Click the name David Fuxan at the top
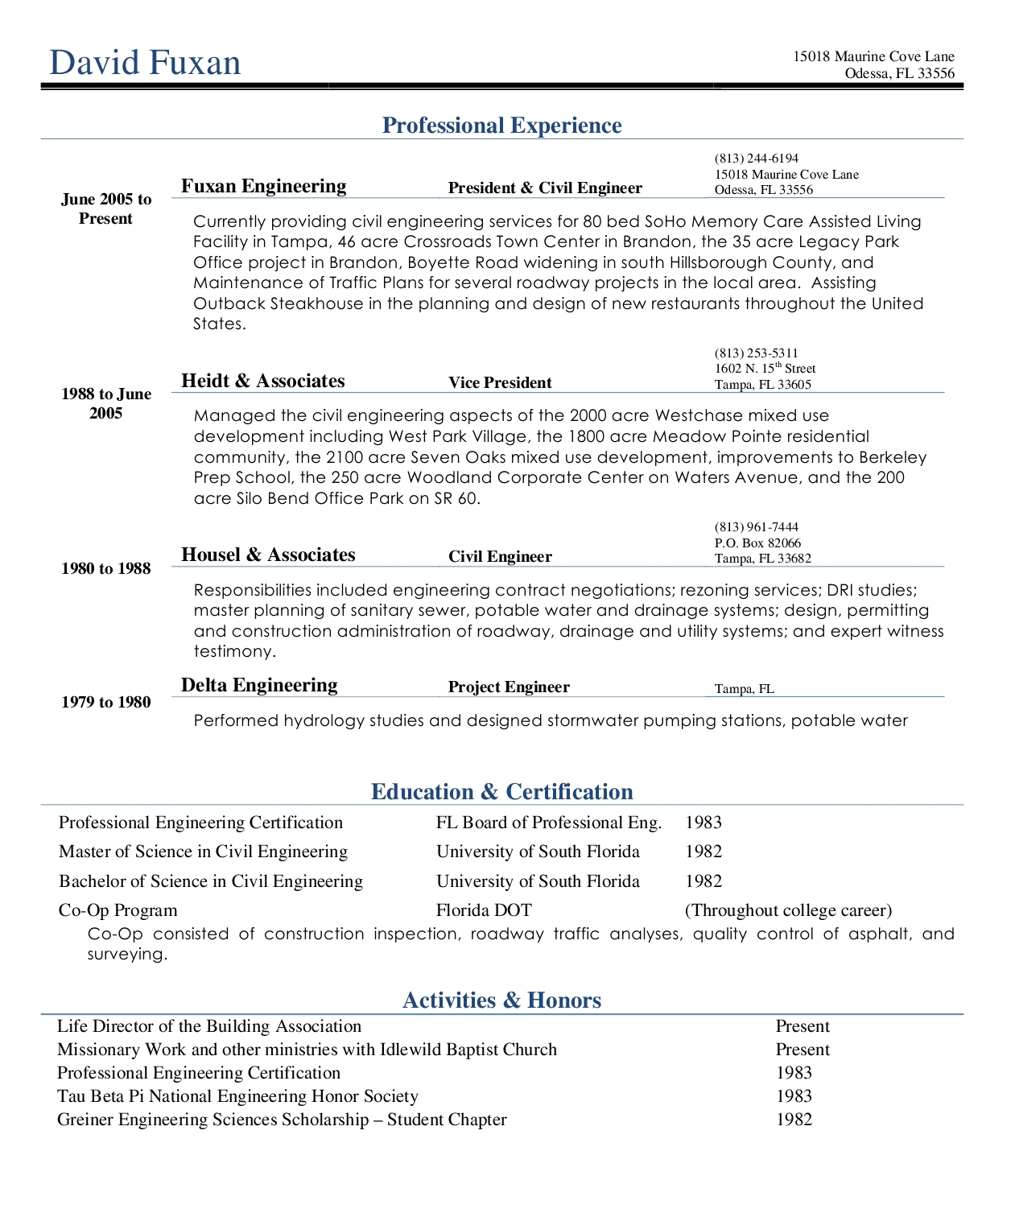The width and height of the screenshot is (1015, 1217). click(x=145, y=63)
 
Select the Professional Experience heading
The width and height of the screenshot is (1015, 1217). click(x=501, y=126)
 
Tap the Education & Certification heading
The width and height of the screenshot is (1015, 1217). click(x=501, y=792)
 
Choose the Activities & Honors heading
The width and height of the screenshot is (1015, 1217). click(x=501, y=1000)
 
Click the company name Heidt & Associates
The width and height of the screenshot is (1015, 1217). click(x=262, y=382)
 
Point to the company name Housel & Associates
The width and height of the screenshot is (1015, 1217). click(x=268, y=555)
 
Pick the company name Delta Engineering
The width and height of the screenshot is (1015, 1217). click(x=259, y=686)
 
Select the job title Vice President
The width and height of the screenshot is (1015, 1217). click(x=500, y=383)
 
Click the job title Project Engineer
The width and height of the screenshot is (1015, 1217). click(x=509, y=687)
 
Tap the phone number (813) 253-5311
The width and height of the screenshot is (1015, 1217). click(x=756, y=353)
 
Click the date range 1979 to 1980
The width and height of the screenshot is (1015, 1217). click(x=106, y=703)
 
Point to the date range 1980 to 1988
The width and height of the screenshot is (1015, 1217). click(x=106, y=569)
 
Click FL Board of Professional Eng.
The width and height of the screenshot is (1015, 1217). click(x=549, y=823)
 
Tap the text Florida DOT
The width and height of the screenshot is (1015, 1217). click(x=484, y=910)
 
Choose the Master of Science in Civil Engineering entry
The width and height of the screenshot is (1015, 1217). click(x=203, y=852)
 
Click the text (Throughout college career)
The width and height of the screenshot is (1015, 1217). click(x=788, y=910)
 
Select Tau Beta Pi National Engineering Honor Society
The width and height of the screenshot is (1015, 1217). click(x=237, y=1096)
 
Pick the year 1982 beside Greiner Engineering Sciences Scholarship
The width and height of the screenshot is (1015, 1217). click(x=794, y=1120)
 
